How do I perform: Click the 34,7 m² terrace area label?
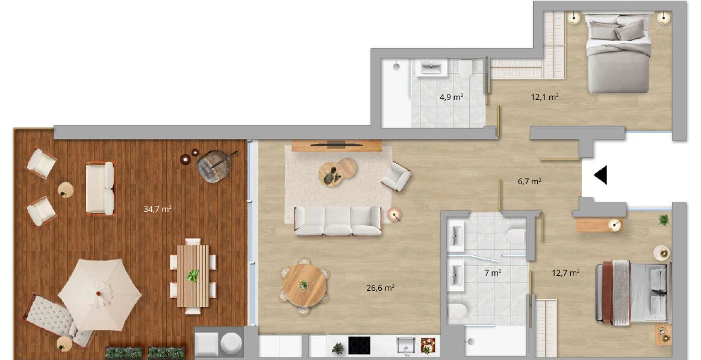[x=157, y=208]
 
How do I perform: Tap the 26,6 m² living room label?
[x=380, y=288]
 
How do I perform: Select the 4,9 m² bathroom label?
[x=451, y=97]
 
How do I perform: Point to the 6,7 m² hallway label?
[x=529, y=181]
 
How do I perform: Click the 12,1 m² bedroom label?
[x=544, y=97]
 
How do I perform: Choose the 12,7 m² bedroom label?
[x=565, y=273]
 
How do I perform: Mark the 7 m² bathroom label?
[x=493, y=273]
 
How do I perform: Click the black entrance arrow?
[x=600, y=175]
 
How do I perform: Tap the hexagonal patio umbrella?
[x=99, y=294]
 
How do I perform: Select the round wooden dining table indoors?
[x=304, y=285]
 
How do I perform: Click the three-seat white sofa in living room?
[x=338, y=221]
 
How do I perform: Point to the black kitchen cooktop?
[x=360, y=345]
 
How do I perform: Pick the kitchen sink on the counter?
[x=406, y=346]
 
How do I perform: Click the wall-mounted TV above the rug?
[x=336, y=144]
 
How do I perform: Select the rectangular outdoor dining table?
[x=193, y=276]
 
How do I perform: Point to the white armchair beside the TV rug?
[x=396, y=176]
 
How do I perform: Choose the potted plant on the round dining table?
[x=304, y=285]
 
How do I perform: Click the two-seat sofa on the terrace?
[x=101, y=188]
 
